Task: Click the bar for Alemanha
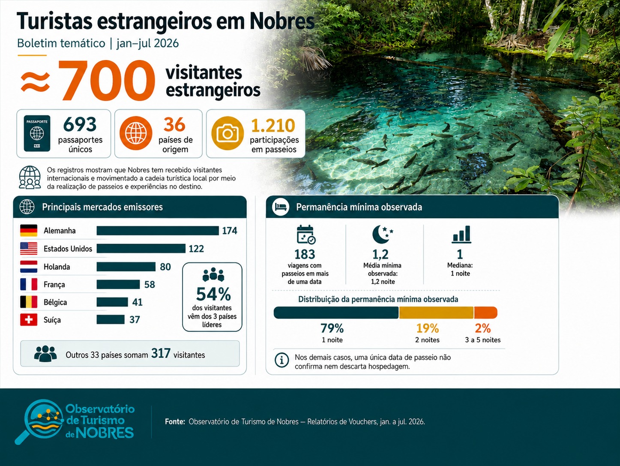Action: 158,231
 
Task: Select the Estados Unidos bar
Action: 141,249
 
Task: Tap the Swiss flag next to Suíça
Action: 29,320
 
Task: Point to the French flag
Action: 29,284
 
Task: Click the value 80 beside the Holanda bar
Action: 165,267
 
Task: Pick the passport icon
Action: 37,133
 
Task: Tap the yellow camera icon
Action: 228,133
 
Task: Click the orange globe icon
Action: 136,133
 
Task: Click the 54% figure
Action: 213,294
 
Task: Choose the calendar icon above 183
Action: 306,234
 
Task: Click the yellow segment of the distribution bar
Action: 436,313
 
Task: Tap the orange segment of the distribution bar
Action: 485,313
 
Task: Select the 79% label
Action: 332,328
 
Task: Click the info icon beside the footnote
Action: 282,360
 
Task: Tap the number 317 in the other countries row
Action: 161,353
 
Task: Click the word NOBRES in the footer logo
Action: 105,433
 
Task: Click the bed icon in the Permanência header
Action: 281,207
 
